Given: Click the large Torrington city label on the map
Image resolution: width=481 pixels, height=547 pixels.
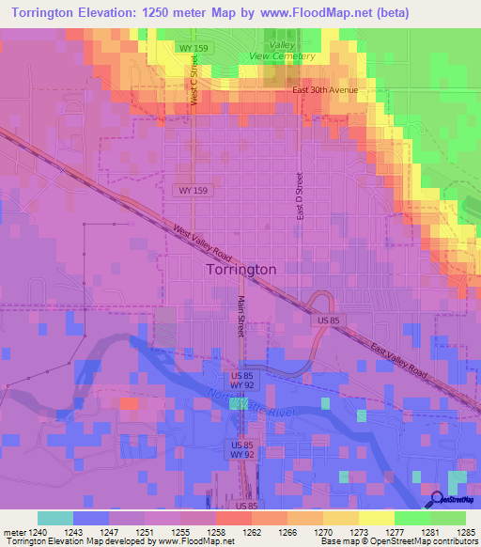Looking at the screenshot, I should (240, 269).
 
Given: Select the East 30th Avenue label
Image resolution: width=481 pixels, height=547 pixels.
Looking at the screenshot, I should (325, 90).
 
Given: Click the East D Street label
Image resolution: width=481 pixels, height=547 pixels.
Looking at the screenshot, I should (300, 195).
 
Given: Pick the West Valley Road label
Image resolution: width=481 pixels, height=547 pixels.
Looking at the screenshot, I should (201, 242).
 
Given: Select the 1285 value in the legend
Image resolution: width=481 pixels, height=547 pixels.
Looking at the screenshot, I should (466, 532).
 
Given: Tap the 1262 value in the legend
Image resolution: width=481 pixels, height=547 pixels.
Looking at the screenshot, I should (249, 532).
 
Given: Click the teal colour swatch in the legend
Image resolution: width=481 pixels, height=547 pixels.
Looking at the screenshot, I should (54, 518).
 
